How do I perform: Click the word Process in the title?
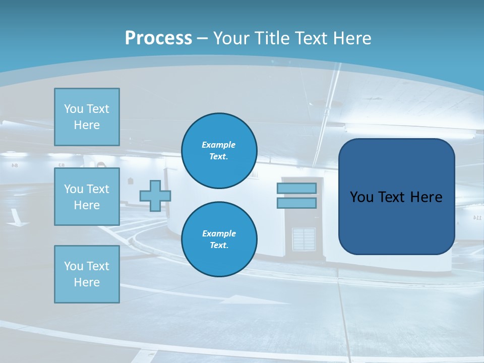(x=158, y=38)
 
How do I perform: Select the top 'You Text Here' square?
(x=87, y=117)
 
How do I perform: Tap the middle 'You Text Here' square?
(x=87, y=197)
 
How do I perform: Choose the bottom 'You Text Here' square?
(x=87, y=274)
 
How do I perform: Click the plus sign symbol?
(x=155, y=196)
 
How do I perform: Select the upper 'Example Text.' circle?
(x=219, y=151)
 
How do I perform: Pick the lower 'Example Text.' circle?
(x=219, y=239)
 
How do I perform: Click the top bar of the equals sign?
(x=296, y=189)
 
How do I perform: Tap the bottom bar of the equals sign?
(x=296, y=203)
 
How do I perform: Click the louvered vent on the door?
(x=304, y=239)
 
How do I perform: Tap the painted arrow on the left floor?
(x=17, y=218)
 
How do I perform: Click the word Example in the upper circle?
(x=218, y=145)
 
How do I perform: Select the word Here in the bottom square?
(x=87, y=282)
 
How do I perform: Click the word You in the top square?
(x=74, y=109)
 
